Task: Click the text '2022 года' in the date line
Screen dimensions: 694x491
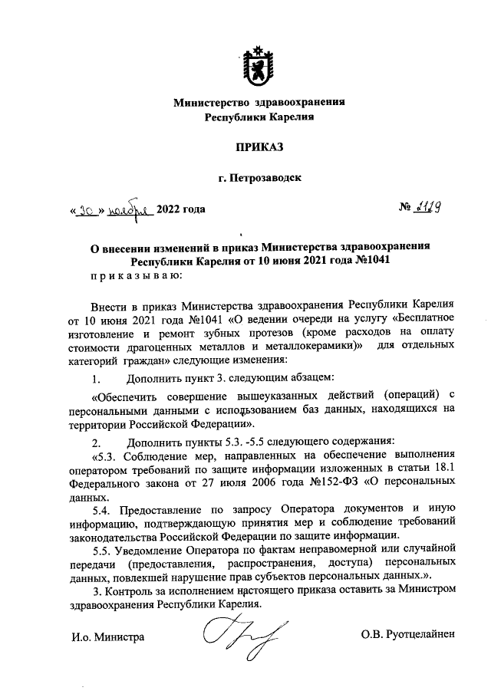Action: [x=181, y=208]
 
